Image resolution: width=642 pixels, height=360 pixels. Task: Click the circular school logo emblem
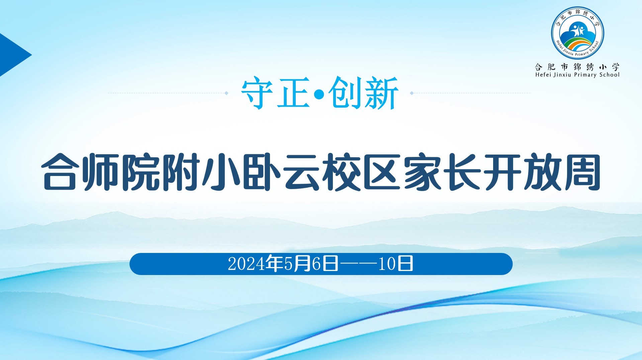click(x=577, y=33)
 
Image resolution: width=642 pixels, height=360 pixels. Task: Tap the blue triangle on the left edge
click(x=13, y=55)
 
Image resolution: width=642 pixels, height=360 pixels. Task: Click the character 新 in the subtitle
click(x=381, y=93)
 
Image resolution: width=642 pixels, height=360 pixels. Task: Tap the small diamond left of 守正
click(x=226, y=93)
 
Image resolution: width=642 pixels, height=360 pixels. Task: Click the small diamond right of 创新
click(x=412, y=93)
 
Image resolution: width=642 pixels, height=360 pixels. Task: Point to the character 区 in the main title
click(x=382, y=172)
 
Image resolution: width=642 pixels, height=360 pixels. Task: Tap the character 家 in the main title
click(x=422, y=172)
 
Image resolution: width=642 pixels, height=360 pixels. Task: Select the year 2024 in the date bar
click(x=247, y=264)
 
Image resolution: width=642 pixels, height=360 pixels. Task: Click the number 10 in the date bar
click(x=387, y=264)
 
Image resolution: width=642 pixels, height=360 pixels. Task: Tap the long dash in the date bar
click(x=358, y=264)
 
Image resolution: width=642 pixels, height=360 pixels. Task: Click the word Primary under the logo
click(x=585, y=75)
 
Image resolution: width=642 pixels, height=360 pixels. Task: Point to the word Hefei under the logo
click(x=543, y=75)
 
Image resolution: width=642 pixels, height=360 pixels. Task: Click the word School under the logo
click(x=609, y=75)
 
